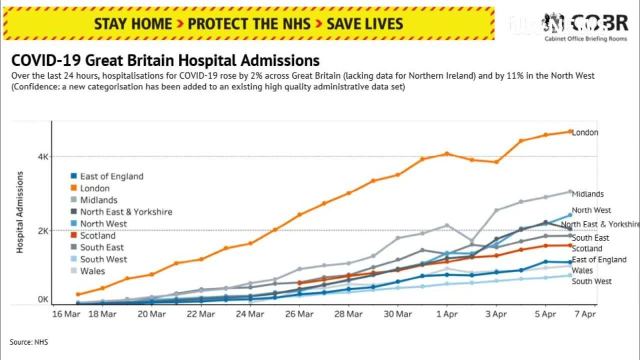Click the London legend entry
(94, 188)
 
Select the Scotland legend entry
(97, 235)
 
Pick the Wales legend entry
(92, 271)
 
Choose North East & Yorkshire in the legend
(126, 212)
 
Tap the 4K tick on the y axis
(43, 156)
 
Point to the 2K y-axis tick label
(43, 230)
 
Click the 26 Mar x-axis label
(299, 314)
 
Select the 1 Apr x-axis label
(447, 314)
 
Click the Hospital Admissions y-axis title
(20, 212)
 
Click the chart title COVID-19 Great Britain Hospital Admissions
(165, 60)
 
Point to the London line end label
(585, 132)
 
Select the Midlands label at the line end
(588, 194)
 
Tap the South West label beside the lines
(591, 281)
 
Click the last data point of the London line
(569, 131)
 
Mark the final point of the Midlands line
(569, 191)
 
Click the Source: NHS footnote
(28, 342)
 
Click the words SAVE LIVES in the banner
(365, 23)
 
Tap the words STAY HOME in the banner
(133, 23)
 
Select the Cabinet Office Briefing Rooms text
(585, 39)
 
